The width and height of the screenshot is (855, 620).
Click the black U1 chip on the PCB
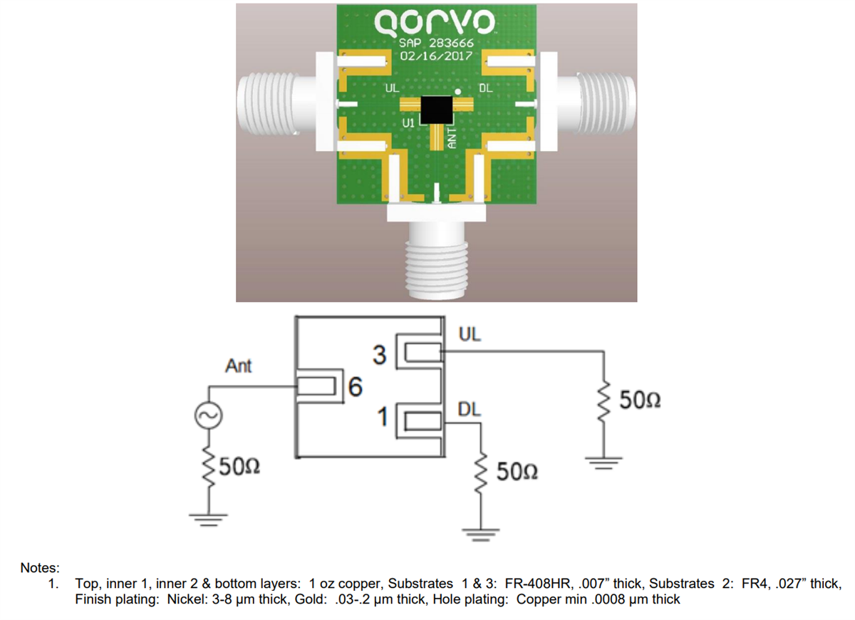(435, 108)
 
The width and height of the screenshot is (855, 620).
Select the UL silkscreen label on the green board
(392, 89)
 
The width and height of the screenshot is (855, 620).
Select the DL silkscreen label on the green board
(484, 89)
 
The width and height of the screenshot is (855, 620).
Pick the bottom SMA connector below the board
(436, 260)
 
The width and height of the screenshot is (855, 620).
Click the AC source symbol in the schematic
(211, 415)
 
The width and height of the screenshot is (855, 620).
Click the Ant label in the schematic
(238, 366)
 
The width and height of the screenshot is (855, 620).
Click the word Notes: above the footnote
(40, 568)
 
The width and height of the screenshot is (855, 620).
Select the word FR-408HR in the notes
(536, 584)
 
